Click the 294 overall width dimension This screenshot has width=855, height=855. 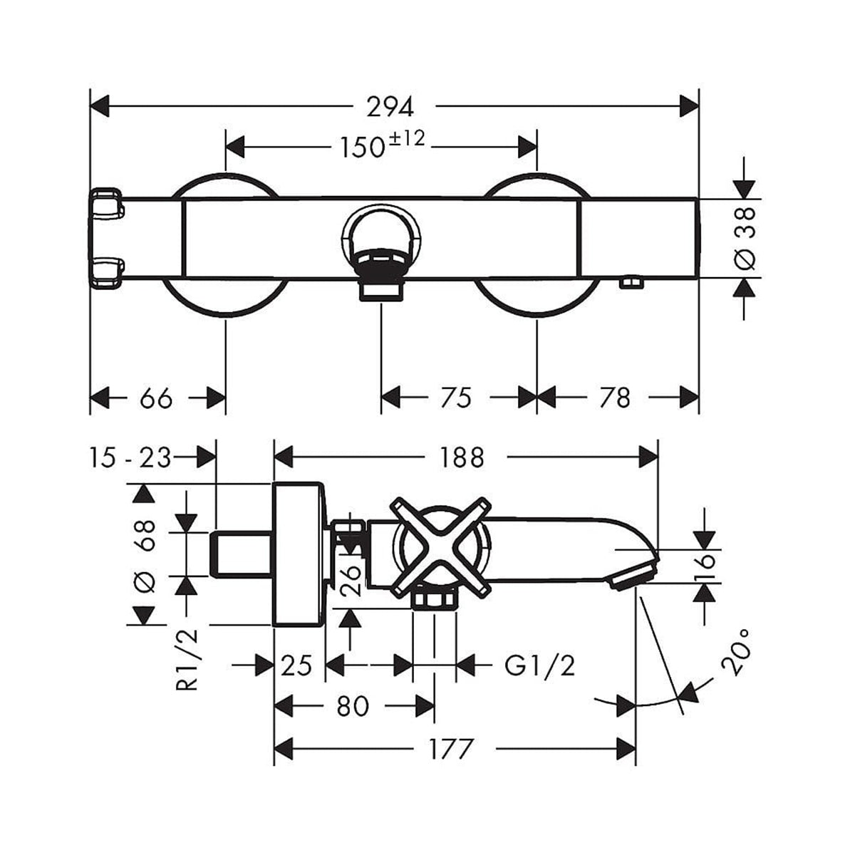pos(390,107)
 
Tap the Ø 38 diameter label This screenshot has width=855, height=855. pos(745,238)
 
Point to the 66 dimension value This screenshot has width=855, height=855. pos(156,398)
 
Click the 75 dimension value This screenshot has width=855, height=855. pos(456,398)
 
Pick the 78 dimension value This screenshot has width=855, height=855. pos(614,398)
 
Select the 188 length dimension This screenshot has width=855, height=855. pos(461,457)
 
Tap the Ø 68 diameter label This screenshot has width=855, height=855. pos(145,556)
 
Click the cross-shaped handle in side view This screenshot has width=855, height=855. pos(440,547)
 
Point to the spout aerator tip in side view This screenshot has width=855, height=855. pos(631,576)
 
